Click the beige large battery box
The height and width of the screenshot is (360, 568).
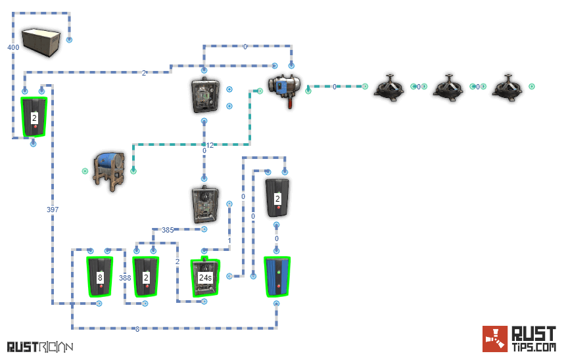pyautogui.click(x=41, y=41)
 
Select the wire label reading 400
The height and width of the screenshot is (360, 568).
pyautogui.click(x=13, y=47)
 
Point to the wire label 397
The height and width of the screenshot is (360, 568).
pyautogui.click(x=53, y=210)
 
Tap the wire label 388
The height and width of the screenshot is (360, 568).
pyautogui.click(x=125, y=278)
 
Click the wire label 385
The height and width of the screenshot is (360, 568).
pyautogui.click(x=168, y=230)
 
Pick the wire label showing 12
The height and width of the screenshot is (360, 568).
pyautogui.click(x=210, y=145)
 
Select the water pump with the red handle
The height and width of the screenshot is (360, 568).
pyautogui.click(x=285, y=88)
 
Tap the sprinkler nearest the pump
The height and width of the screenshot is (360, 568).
pyautogui.click(x=389, y=87)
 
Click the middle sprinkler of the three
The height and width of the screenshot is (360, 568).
pyautogui.click(x=448, y=87)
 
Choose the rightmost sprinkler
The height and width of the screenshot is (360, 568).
pyautogui.click(x=507, y=87)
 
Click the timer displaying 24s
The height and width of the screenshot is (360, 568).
pyautogui.click(x=205, y=277)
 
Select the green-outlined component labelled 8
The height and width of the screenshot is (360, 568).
pyautogui.click(x=100, y=277)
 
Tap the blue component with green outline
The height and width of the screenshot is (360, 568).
pyautogui.click(x=277, y=277)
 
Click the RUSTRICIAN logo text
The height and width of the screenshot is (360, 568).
pyautogui.click(x=39, y=346)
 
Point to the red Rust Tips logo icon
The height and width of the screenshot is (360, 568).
pyautogui.click(x=494, y=339)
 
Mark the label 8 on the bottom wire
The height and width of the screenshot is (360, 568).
pyautogui.click(x=137, y=329)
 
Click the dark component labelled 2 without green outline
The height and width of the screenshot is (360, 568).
pyautogui.click(x=277, y=198)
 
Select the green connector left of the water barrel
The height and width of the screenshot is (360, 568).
pyautogui.click(x=85, y=171)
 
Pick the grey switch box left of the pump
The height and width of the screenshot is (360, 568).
pyautogui.click(x=204, y=96)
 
